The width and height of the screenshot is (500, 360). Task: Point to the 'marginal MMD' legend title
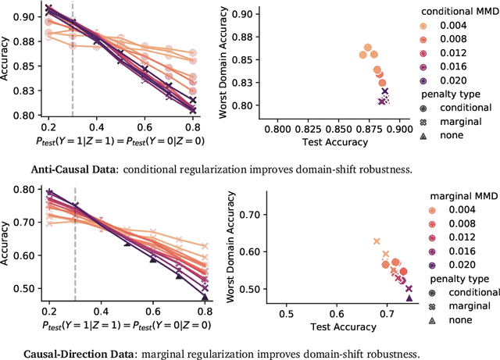(x=448, y=194)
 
